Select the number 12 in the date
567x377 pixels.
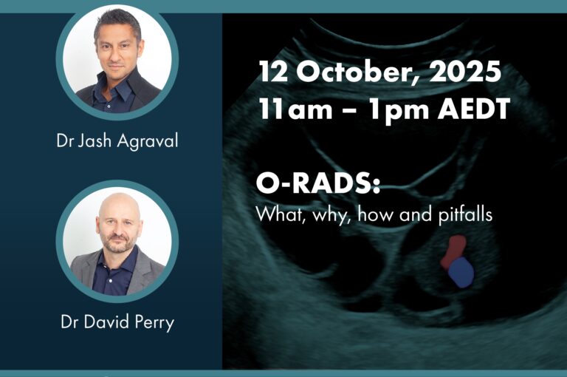274,71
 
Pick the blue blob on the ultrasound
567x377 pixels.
461,272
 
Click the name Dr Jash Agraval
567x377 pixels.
117,140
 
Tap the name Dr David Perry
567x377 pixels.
117,322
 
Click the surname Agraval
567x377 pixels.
148,140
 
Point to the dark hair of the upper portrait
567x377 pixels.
117,21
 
